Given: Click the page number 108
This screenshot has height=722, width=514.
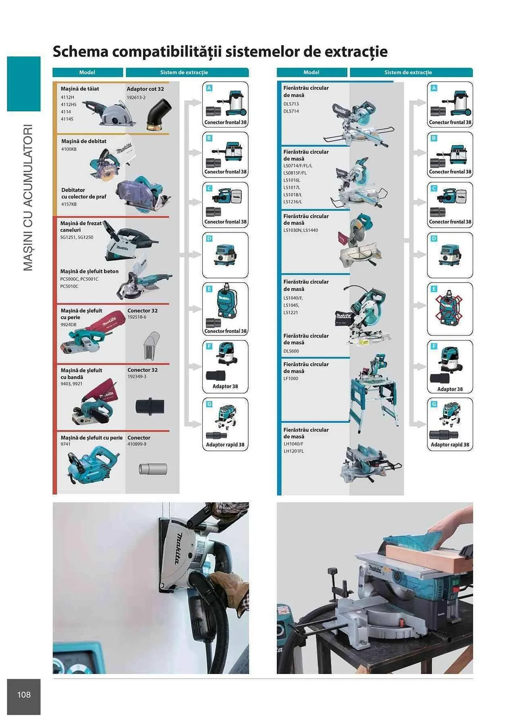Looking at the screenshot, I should (x=24, y=694).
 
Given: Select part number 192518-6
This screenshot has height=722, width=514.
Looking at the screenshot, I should (x=137, y=317).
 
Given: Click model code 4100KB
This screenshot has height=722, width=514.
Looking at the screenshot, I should (x=68, y=149).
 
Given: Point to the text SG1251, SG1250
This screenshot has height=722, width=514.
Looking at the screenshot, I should (x=76, y=237).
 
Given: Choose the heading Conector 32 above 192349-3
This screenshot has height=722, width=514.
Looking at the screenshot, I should (x=142, y=370).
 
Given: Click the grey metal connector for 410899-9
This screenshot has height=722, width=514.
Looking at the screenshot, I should (x=153, y=469).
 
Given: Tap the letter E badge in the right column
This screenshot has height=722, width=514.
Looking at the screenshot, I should (x=434, y=289).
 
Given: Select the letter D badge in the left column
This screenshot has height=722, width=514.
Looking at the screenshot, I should (x=209, y=239).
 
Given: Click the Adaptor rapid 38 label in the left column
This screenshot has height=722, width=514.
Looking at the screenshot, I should (x=225, y=444).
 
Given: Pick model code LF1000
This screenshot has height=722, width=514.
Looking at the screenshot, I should (x=291, y=378).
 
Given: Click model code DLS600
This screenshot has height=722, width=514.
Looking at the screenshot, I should (x=291, y=351).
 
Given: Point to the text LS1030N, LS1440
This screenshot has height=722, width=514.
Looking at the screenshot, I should (x=300, y=230).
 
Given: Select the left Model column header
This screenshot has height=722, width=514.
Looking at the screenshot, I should (x=87, y=72).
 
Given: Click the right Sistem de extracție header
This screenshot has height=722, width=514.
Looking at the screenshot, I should (x=408, y=72).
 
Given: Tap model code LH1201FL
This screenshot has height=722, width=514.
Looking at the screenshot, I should (x=293, y=451).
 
